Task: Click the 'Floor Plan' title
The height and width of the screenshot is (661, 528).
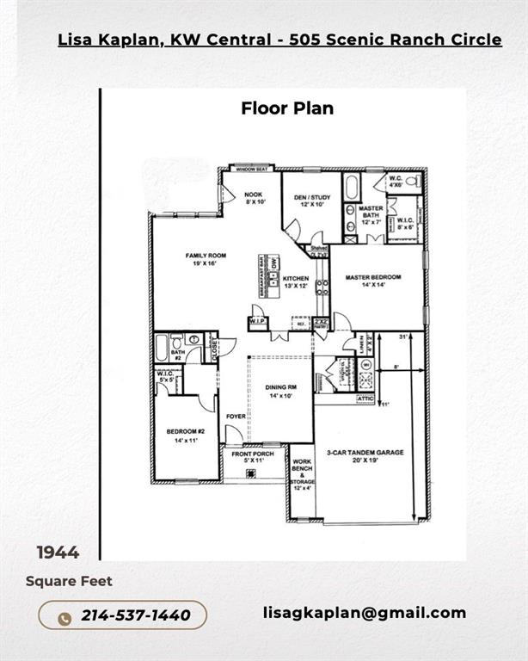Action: [287, 108]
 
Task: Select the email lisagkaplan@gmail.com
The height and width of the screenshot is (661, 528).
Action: [365, 613]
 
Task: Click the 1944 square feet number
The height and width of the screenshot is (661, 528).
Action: [58, 553]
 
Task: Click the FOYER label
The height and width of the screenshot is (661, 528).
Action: [236, 417]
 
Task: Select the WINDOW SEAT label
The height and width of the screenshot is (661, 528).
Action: [250, 169]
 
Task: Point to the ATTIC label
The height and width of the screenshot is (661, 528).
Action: [366, 398]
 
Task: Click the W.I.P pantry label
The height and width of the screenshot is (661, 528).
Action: [257, 322]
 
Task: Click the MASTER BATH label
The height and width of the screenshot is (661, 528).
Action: [371, 213]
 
